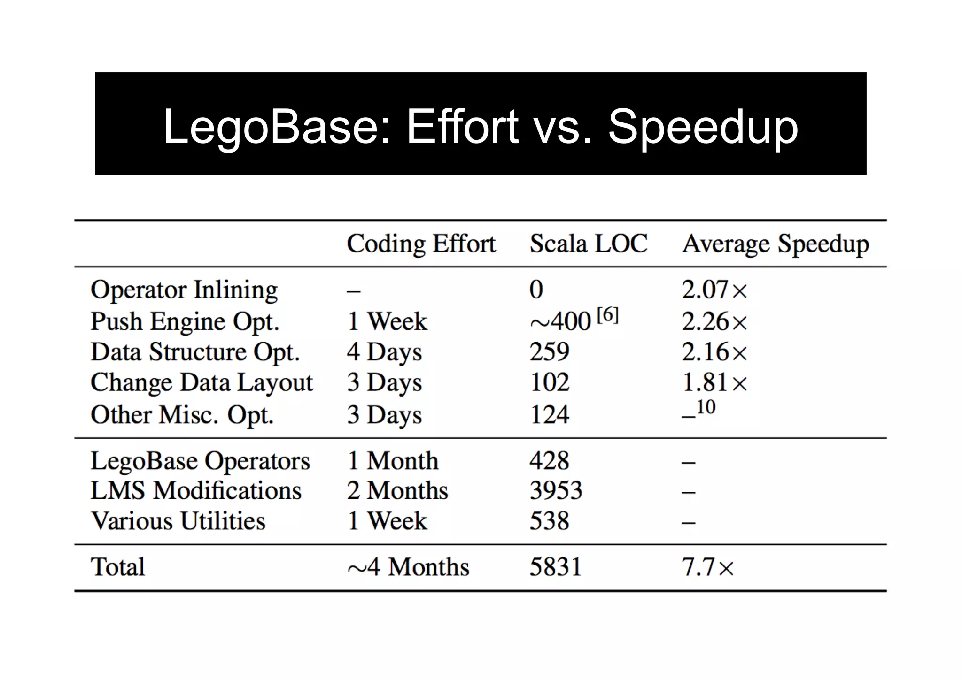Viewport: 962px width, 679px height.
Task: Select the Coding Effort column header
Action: coord(421,244)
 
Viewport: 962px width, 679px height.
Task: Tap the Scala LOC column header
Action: coord(589,244)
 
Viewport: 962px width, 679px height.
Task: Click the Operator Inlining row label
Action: coord(184,290)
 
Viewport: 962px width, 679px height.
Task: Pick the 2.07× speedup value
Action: coord(714,290)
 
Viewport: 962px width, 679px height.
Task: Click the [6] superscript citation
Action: coord(607,315)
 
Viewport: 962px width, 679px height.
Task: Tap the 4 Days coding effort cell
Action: coord(384,352)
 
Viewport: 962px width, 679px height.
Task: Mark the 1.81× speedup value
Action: coord(714,382)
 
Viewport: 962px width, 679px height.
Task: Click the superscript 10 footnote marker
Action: coord(706,407)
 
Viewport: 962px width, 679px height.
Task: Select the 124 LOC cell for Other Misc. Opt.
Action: coord(549,415)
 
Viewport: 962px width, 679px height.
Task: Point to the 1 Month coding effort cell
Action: coord(393,461)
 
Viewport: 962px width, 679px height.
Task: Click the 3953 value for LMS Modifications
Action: coord(556,491)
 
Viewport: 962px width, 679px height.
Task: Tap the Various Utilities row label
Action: coord(178,521)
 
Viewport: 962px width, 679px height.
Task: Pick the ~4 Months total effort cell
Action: coord(408,567)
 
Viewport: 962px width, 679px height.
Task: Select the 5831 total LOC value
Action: coord(555,567)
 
